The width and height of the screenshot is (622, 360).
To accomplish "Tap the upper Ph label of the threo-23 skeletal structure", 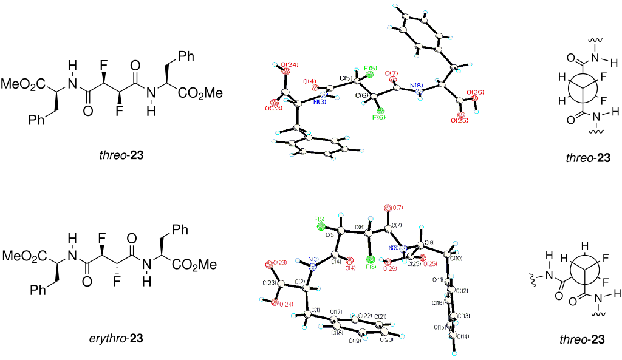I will coord(186,56).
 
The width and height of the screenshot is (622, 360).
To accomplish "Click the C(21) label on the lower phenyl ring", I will coord(381,317).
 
